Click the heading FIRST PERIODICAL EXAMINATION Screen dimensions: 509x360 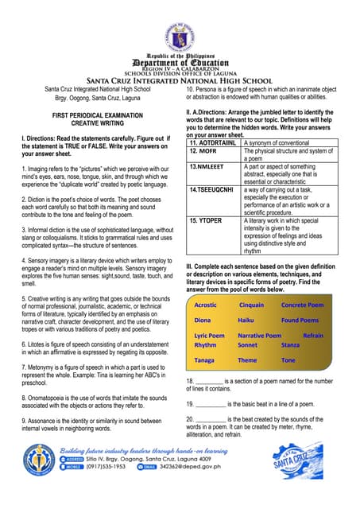click(88, 116)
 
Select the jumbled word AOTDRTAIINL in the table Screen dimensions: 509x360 click(215, 142)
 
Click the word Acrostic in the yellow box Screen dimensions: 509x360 click(206, 305)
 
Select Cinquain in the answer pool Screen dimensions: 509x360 click(251, 305)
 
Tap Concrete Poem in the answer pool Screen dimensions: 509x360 click(302, 305)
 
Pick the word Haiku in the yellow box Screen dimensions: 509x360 click(246, 320)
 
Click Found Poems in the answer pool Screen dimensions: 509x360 click(300, 320)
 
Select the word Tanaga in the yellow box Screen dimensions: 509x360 click(205, 360)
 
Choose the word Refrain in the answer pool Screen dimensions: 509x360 click(313, 336)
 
